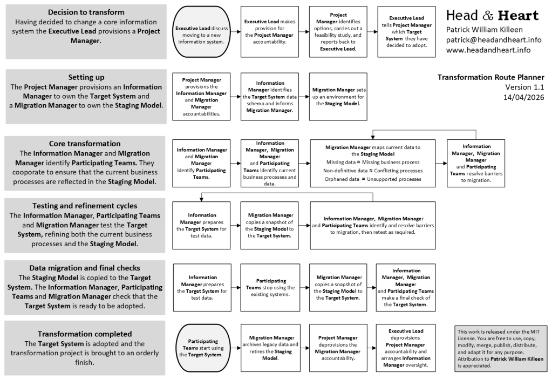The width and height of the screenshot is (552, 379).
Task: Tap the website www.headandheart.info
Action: click(488, 50)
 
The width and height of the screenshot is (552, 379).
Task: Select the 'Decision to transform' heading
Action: click(86, 12)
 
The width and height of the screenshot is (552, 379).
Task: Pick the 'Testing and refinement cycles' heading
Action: click(85, 205)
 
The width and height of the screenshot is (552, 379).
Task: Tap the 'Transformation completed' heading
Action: click(85, 334)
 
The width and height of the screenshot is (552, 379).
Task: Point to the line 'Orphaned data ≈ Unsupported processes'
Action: click(373, 179)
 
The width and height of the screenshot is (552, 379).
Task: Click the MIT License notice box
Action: click(500, 348)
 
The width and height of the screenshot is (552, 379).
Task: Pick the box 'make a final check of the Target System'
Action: click(406, 287)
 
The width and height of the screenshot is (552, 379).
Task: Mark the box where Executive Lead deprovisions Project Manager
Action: click(406, 348)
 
